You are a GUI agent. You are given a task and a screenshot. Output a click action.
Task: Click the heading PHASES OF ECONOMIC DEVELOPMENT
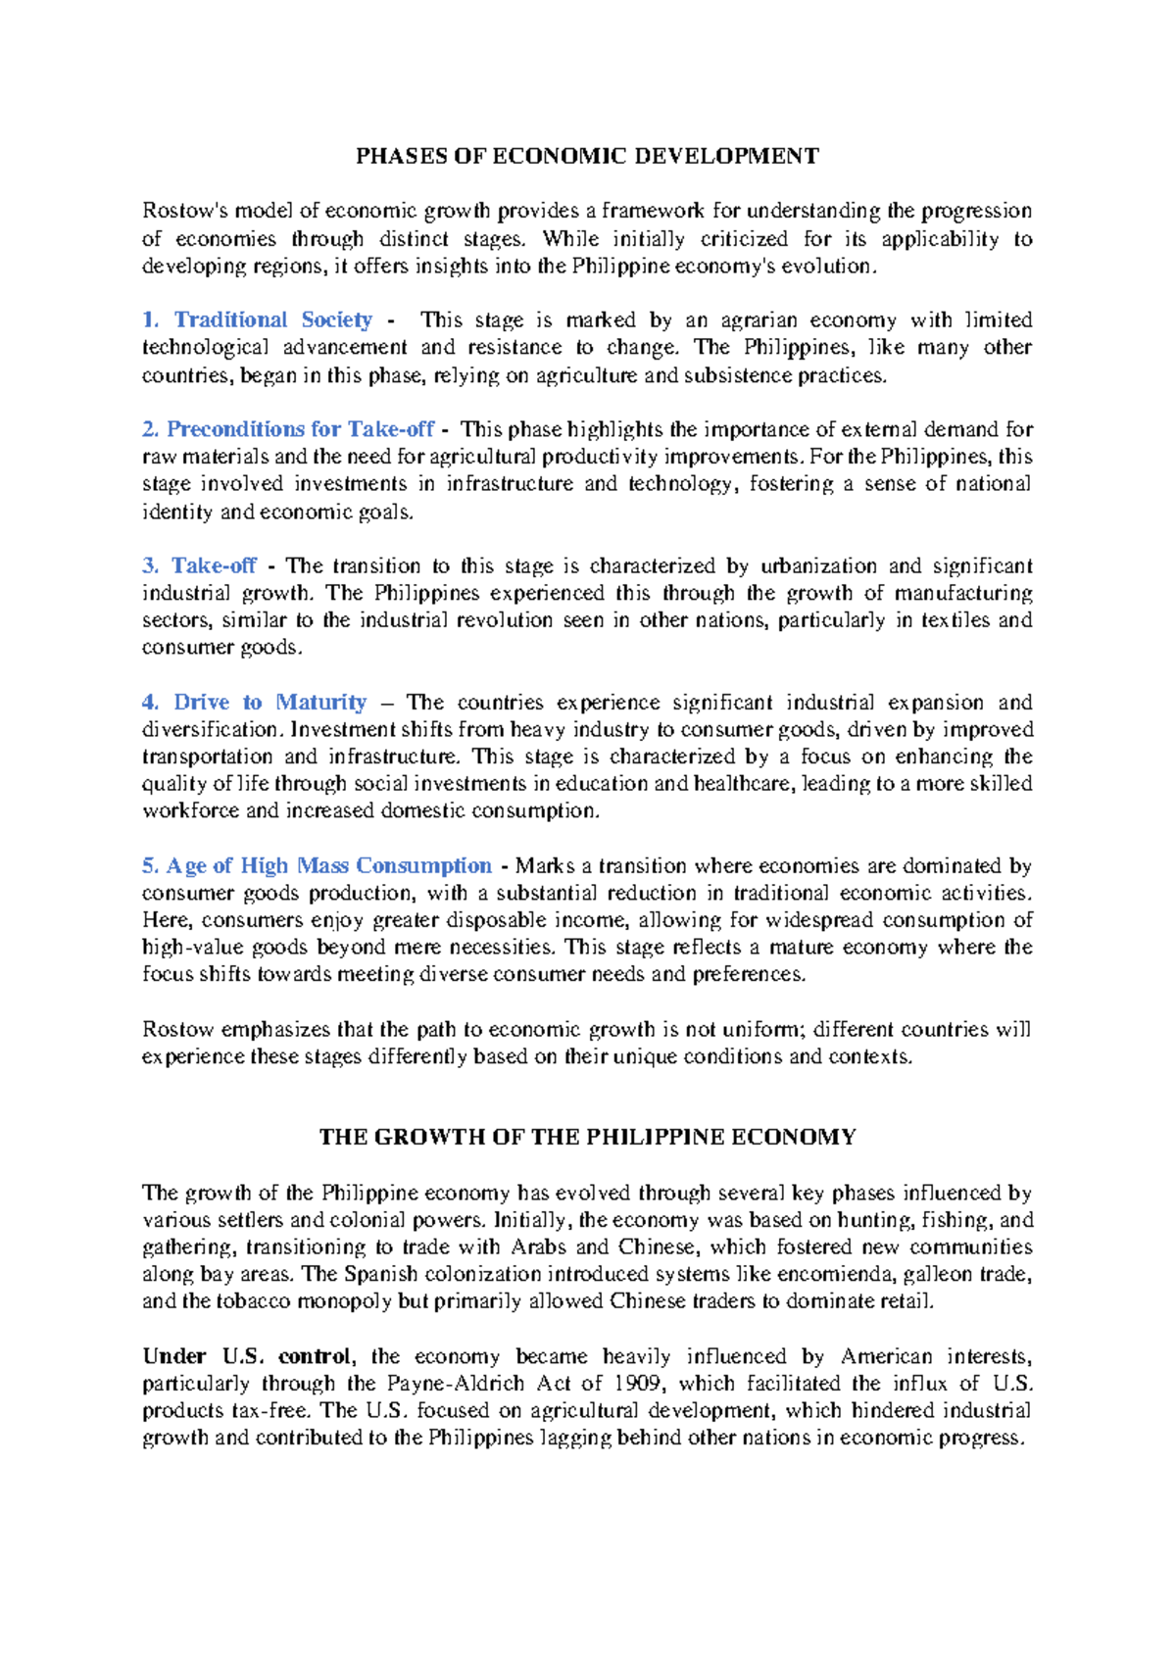[x=587, y=156]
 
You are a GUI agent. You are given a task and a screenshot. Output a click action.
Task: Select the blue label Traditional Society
[x=272, y=319]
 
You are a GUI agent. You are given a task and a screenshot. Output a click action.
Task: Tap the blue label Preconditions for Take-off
[x=300, y=429]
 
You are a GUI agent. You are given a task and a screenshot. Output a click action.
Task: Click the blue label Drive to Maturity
[x=269, y=702]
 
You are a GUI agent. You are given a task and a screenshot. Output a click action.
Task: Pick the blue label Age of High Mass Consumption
[x=328, y=865]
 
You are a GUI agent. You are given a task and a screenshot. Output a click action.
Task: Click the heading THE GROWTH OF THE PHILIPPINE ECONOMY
[x=587, y=1137]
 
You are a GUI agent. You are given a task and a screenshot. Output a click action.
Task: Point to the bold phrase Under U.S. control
[x=247, y=1356]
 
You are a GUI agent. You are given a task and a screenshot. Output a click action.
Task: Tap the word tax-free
[x=272, y=1411]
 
